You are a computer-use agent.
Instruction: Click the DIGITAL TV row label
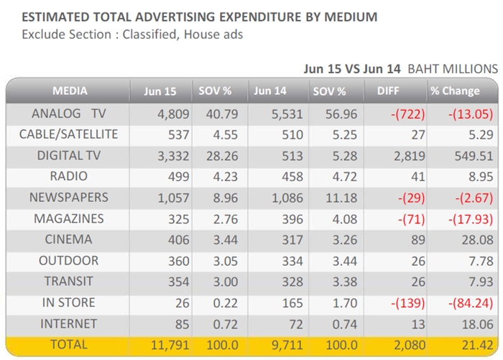[x=69, y=156]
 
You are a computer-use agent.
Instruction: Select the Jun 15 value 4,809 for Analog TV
[x=173, y=114]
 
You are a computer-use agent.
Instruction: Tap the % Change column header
[x=455, y=91]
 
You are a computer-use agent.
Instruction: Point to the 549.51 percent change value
[x=474, y=156]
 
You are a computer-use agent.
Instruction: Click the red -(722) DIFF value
[x=407, y=114]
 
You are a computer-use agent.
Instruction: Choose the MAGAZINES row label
[x=69, y=219]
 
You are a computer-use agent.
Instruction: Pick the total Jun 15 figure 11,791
[x=170, y=345]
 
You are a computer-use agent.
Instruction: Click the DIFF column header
[x=388, y=91]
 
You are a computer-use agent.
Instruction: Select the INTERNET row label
[x=69, y=324]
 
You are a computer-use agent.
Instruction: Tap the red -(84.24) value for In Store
[x=471, y=303]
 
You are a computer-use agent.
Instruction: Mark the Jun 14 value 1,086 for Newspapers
[x=287, y=198]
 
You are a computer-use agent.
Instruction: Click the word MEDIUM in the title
[x=351, y=17]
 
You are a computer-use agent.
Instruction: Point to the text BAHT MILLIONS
[x=453, y=69]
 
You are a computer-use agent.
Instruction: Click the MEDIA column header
[x=70, y=91]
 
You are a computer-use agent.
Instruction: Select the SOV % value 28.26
[x=222, y=156]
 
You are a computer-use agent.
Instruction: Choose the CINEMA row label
[x=69, y=239]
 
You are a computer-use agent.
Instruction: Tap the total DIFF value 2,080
[x=410, y=345]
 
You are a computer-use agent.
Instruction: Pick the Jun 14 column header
[x=269, y=91]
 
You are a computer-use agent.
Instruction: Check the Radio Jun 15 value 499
[x=179, y=177]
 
